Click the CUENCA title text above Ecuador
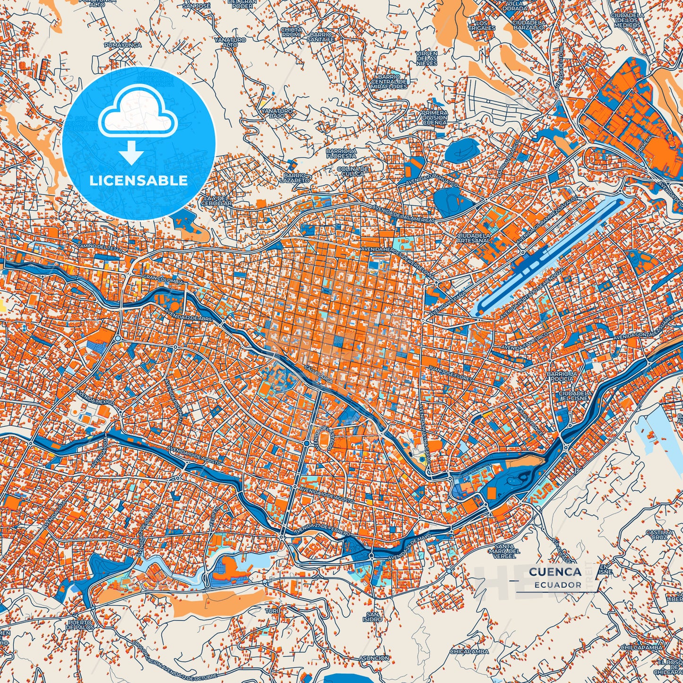tap(555, 572)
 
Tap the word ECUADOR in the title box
tap(558, 585)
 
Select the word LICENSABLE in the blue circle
tap(139, 181)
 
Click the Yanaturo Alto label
tap(230, 43)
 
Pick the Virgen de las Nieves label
tap(426, 58)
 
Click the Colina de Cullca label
tap(353, 171)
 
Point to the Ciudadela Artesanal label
tap(474, 238)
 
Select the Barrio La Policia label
tap(562, 376)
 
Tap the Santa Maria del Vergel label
tap(508, 551)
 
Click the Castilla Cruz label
tap(660, 535)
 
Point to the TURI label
tap(272, 611)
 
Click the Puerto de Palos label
tap(80, 625)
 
